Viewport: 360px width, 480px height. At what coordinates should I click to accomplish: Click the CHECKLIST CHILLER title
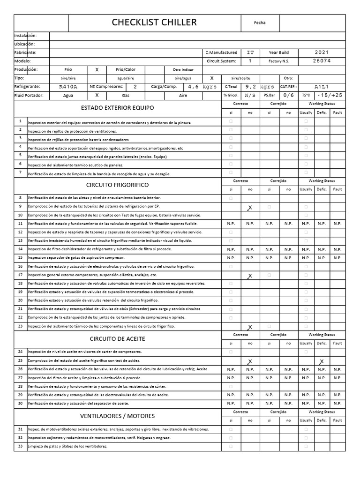[154, 22]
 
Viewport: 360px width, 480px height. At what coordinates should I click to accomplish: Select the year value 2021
[322, 52]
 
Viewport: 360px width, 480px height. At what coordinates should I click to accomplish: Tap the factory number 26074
[322, 61]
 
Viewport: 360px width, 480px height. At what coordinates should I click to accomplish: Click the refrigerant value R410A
[68, 87]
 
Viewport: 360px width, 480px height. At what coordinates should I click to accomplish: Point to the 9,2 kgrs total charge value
[260, 87]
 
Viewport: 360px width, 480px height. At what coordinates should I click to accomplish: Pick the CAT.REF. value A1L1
[322, 87]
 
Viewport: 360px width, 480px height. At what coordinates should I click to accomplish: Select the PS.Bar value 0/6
[289, 95]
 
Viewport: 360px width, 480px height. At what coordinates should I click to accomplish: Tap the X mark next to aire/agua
[212, 78]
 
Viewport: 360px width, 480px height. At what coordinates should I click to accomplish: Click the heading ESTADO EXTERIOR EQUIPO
[117, 107]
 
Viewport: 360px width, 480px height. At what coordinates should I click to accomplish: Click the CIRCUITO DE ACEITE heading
[117, 338]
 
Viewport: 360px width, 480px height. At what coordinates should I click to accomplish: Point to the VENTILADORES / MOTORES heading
[117, 416]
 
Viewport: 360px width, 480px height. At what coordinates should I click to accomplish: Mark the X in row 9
[250, 207]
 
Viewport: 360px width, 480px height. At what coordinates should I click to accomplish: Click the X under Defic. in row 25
[321, 361]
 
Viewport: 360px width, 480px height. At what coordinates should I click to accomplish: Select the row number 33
[20, 446]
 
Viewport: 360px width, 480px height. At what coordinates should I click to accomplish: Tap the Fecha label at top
[259, 22]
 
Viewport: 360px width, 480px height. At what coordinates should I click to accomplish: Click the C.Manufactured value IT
[250, 52]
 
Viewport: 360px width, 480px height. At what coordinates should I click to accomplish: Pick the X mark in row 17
[250, 276]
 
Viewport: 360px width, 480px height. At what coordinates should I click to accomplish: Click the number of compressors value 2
[135, 87]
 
